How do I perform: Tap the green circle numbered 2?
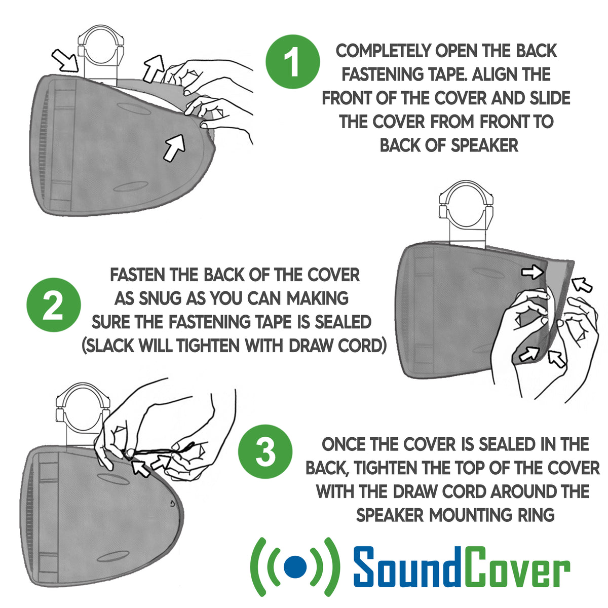coord(53,306)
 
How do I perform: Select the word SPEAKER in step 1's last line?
coord(484,145)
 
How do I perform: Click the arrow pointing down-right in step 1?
coord(65,61)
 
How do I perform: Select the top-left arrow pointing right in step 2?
coord(533,273)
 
